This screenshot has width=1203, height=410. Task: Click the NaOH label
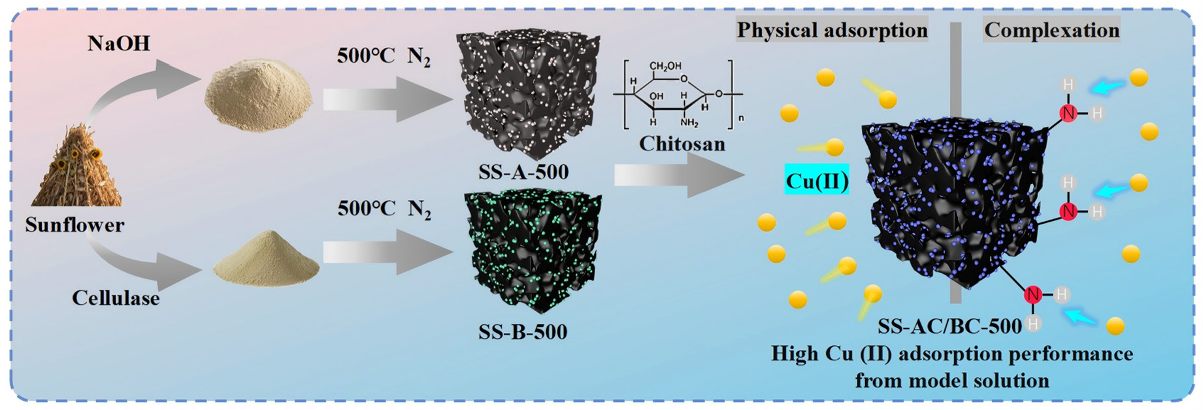pos(118,44)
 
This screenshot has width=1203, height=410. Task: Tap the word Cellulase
pos(116,298)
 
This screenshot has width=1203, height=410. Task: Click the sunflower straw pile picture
pos(76,167)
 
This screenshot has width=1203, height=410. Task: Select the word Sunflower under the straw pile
pos(74,225)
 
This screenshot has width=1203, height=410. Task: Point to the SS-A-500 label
pos(523,172)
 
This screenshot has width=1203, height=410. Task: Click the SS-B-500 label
pos(522,332)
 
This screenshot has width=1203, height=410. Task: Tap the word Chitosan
pos(682,144)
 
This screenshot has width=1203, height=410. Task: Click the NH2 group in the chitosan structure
pos(689,122)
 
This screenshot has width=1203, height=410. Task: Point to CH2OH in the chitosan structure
pos(665,66)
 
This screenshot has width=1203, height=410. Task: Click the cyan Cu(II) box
pos(816,180)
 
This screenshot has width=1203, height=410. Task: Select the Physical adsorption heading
pos(832,30)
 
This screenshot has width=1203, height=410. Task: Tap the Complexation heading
pos(1051,30)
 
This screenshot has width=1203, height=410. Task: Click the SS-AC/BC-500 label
pos(949,326)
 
